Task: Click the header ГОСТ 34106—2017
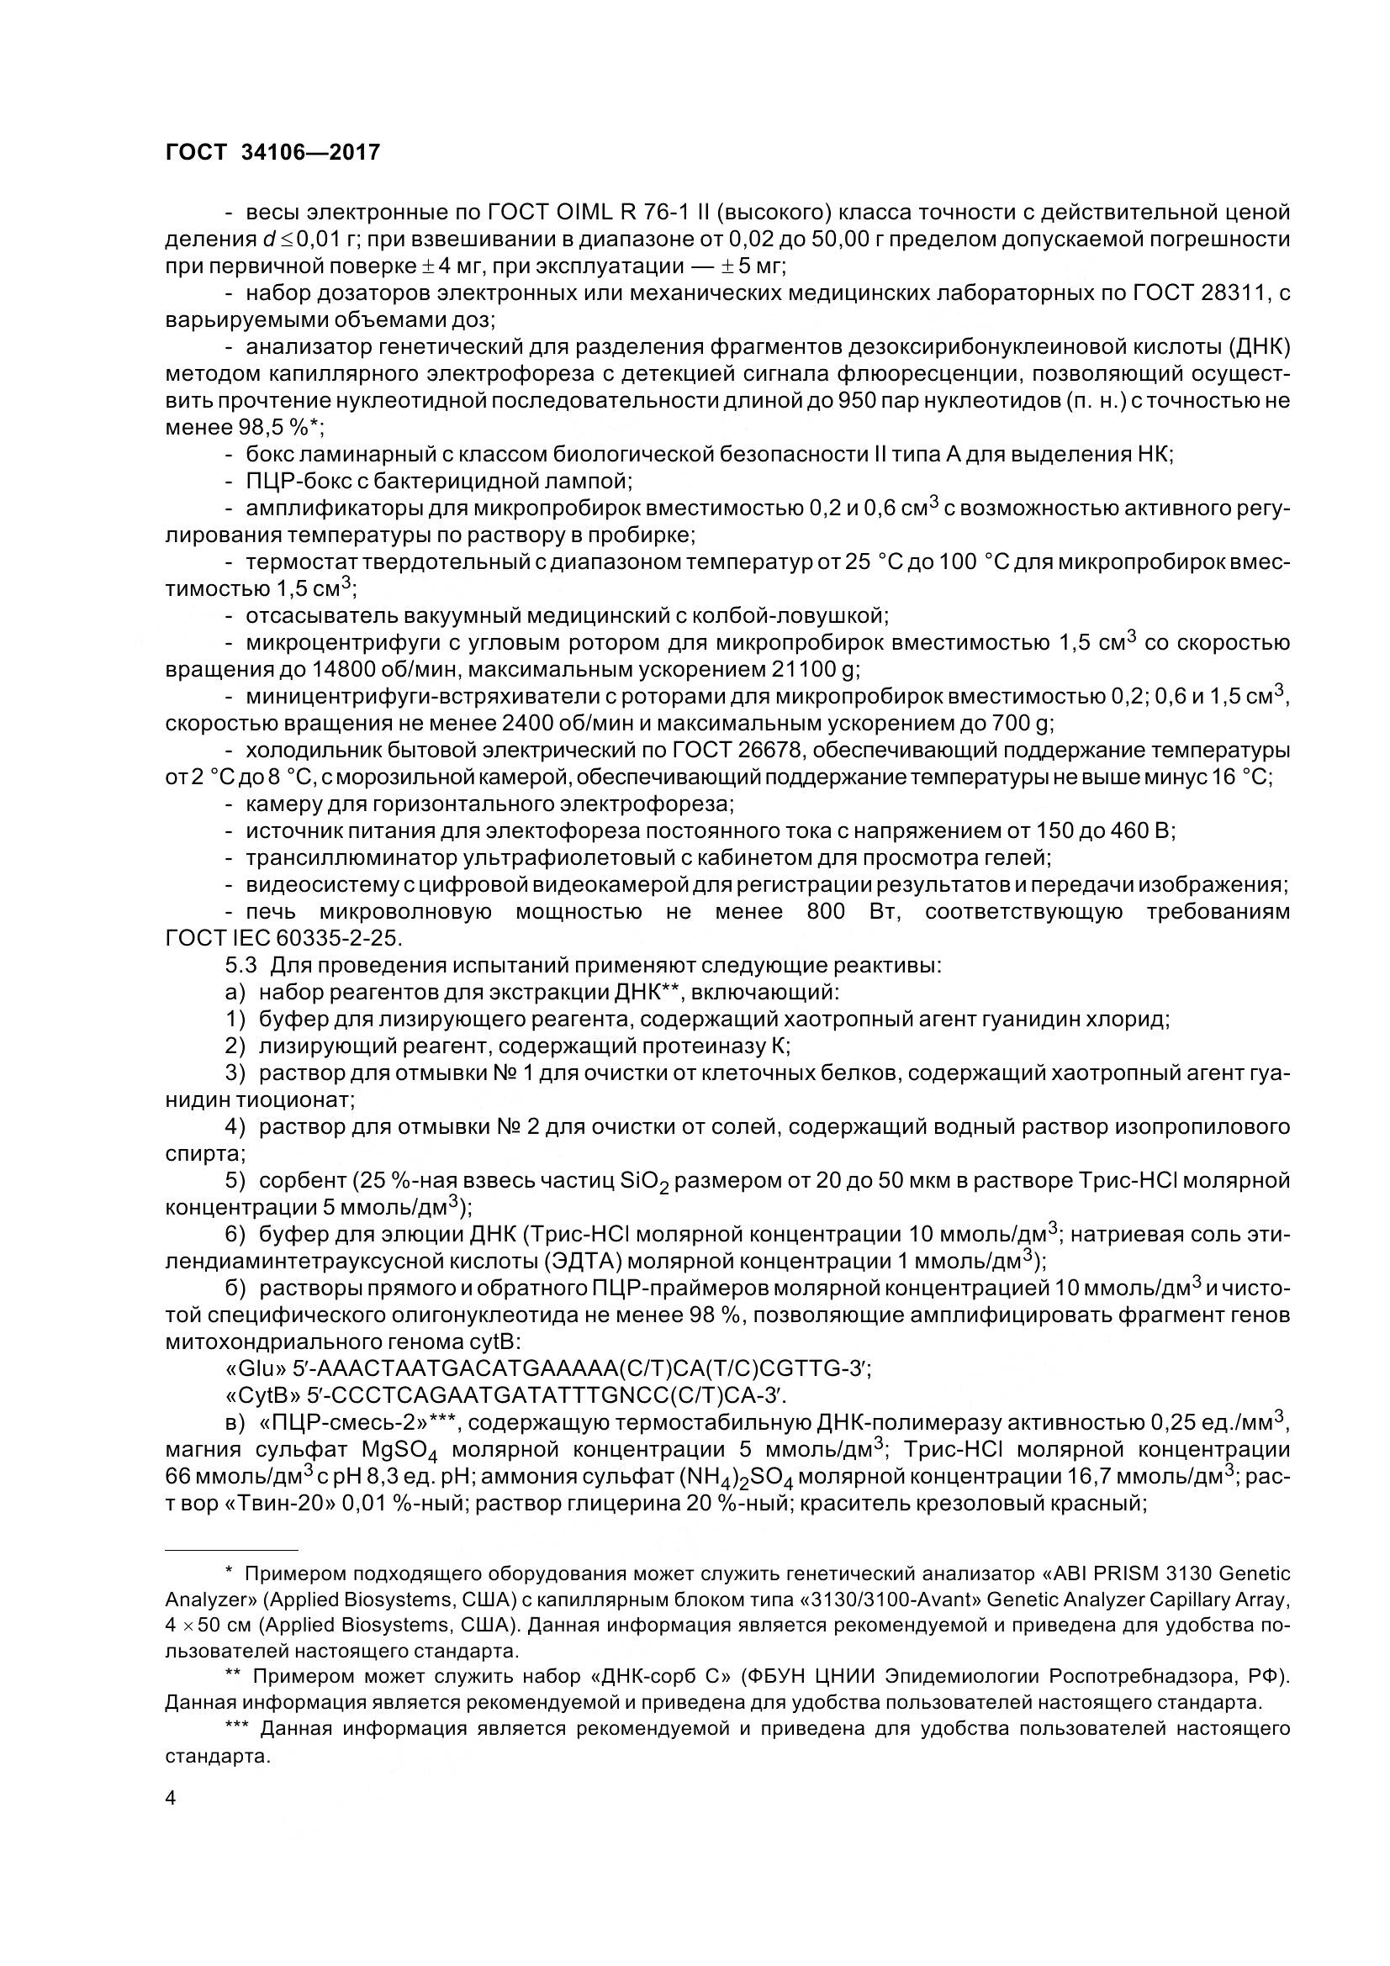click(272, 152)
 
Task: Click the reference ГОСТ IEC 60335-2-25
click(282, 938)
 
